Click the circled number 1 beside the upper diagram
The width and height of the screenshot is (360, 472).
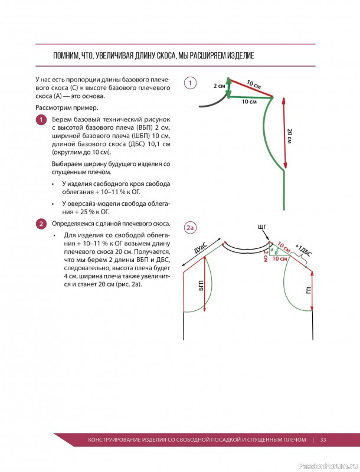[190, 84]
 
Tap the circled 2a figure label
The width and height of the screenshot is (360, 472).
[190, 228]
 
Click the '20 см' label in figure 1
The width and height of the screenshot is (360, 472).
[289, 135]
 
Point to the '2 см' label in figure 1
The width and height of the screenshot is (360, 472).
[220, 86]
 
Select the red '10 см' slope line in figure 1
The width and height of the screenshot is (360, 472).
[250, 87]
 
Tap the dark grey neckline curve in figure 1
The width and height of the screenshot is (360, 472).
[211, 104]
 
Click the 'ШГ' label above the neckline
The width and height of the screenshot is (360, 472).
[263, 227]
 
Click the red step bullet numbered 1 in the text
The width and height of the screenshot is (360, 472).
[41, 120]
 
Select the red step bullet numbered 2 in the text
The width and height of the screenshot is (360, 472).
[41, 224]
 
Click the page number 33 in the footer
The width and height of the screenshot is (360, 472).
[323, 440]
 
